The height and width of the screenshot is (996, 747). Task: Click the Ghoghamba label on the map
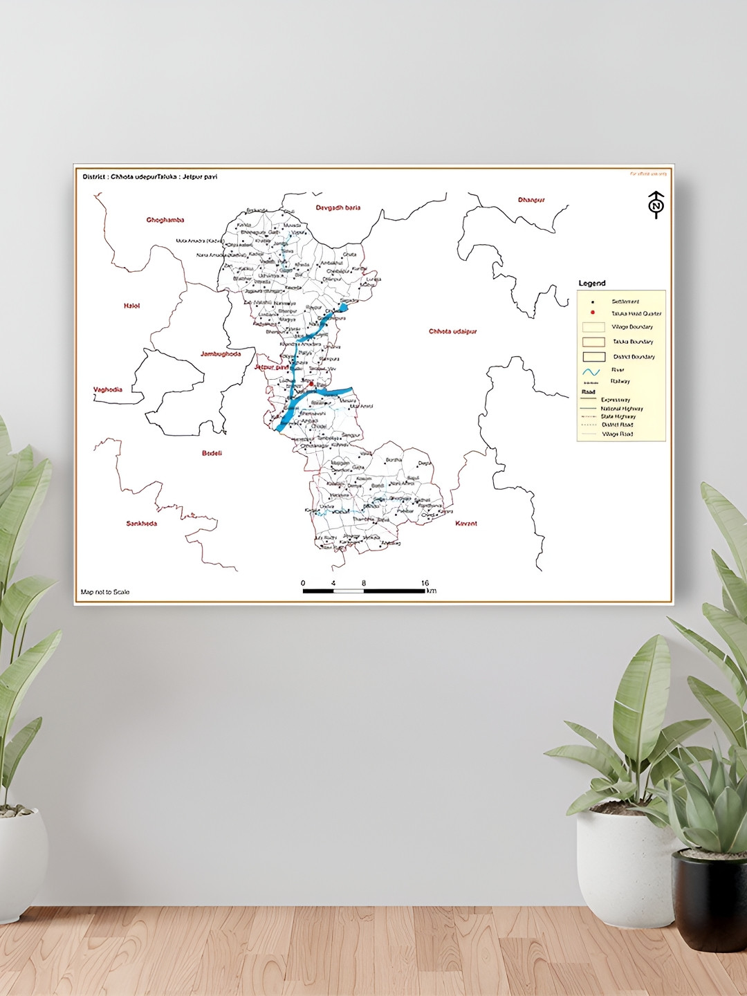click(165, 220)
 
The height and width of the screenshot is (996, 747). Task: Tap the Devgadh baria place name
click(338, 207)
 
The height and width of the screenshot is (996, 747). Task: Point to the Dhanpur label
click(531, 200)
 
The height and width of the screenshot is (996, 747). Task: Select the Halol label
click(131, 306)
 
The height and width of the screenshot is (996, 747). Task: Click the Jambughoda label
click(221, 353)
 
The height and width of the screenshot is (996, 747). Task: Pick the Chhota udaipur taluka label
click(453, 331)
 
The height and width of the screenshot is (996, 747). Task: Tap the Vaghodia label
click(108, 389)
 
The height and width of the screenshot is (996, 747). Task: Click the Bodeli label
click(212, 453)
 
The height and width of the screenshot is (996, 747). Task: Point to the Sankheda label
click(141, 524)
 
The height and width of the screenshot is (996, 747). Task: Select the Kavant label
click(466, 524)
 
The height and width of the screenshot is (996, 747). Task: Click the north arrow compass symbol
click(656, 205)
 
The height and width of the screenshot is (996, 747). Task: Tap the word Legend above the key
click(592, 283)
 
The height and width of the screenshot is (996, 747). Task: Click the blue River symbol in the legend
click(591, 371)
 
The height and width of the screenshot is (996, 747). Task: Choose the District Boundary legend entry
click(593, 357)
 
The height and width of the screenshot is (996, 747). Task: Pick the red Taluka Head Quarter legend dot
click(593, 313)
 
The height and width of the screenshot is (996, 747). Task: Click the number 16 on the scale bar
click(425, 583)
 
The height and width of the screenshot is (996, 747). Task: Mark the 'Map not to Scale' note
click(105, 592)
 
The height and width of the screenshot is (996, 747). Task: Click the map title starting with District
click(150, 177)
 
